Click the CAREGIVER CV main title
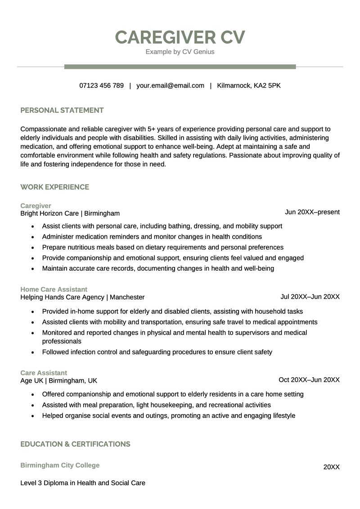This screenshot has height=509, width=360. coord(180,37)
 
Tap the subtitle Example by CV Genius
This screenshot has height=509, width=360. coord(180,52)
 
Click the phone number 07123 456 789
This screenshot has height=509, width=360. coord(101,85)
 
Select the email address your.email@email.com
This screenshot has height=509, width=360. coord(170,85)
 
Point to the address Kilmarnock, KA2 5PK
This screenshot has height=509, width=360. coord(248,85)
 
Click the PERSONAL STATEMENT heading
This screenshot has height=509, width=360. coord(62,110)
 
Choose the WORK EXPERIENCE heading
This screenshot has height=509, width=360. coord(55,187)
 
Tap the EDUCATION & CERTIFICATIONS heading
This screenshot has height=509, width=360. coord(75,444)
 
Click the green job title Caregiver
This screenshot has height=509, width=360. coord(36,205)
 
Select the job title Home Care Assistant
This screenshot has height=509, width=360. coord(54,289)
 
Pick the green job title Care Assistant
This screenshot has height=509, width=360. coord(44,373)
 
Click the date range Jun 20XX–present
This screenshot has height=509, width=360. coord(312,212)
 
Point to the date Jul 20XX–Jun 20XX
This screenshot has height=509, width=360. coord(310,296)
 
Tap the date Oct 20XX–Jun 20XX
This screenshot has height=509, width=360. coord(309,380)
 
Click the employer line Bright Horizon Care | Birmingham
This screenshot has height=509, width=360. coord(70,213)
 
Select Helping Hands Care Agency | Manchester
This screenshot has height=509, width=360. coord(82,297)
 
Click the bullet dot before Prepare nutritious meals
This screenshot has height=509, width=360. coord(33,248)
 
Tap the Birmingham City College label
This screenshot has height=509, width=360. coord(60,465)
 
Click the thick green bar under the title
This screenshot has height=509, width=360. coord(180,67)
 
